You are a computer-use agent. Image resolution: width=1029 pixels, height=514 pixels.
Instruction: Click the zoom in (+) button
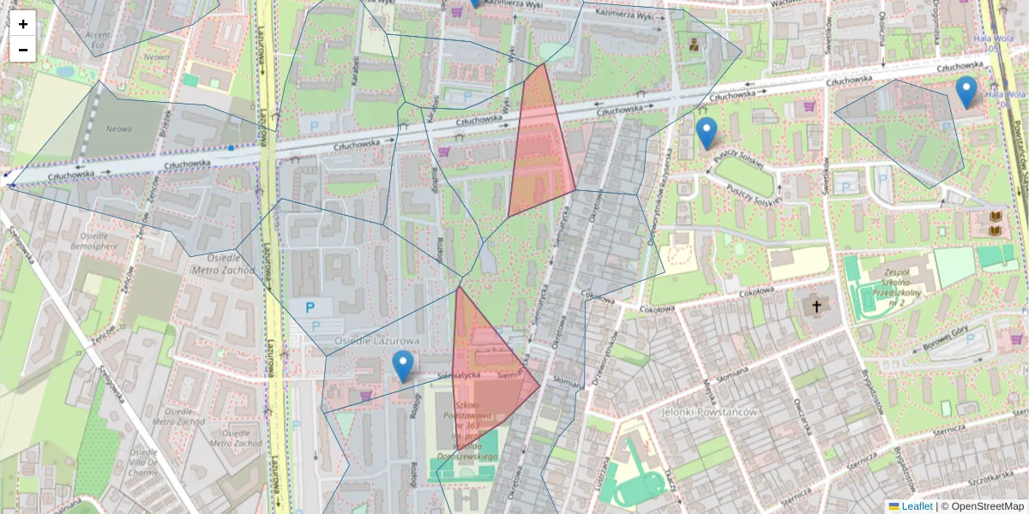(x=23, y=24)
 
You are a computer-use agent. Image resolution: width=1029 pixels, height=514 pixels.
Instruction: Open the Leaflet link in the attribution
(x=917, y=506)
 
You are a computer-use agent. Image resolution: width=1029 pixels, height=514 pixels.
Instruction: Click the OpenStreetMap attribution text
(x=987, y=506)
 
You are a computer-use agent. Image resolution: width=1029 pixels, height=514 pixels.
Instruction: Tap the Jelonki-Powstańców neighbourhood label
(x=709, y=412)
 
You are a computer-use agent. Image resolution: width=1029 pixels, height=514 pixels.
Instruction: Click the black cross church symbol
(x=816, y=306)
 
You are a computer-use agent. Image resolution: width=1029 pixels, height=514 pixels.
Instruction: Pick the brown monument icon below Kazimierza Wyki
(x=693, y=45)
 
